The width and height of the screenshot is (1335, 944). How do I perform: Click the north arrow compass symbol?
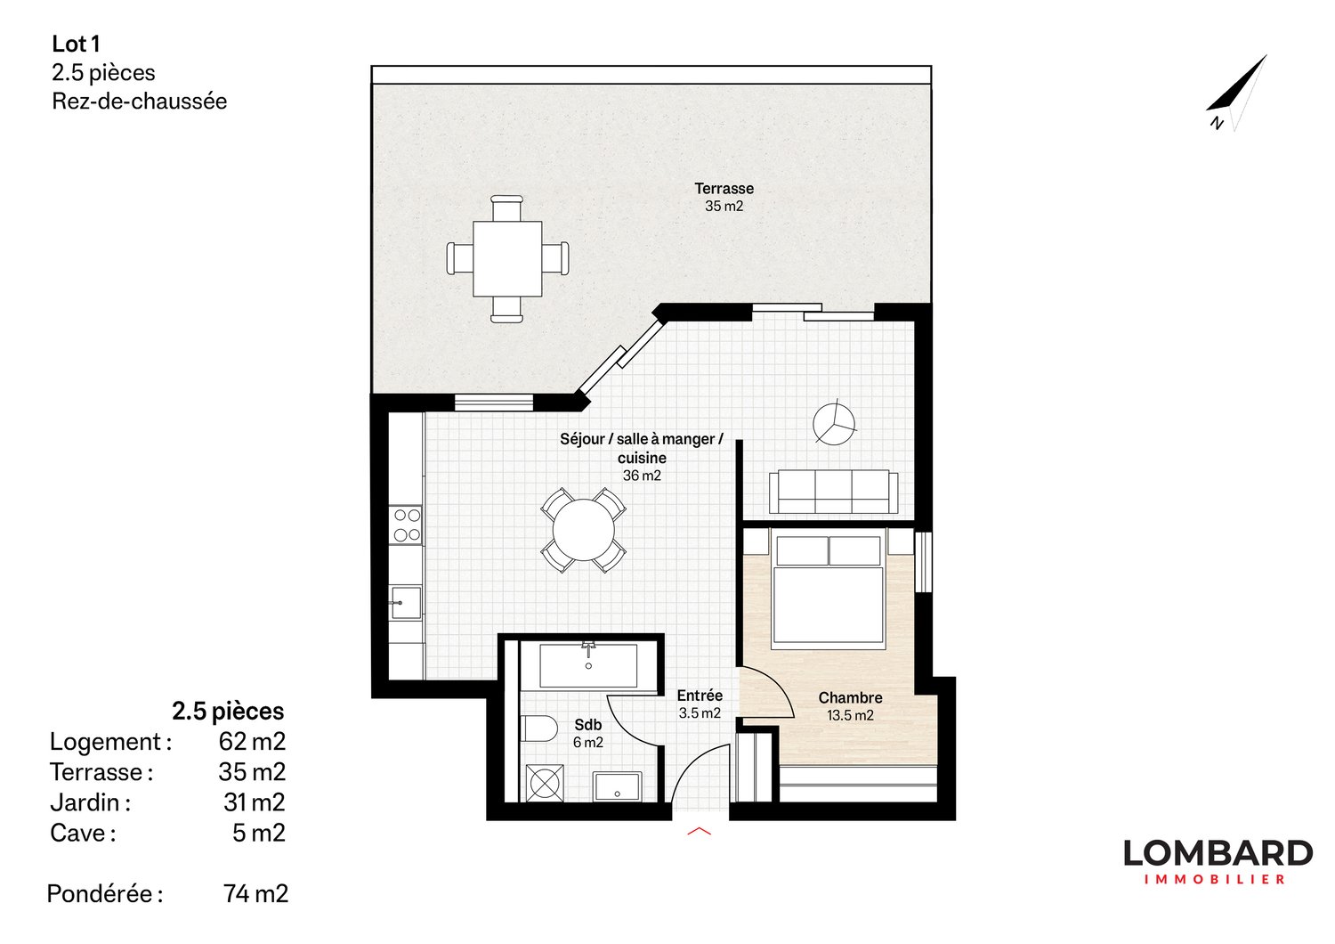pyautogui.click(x=1238, y=93)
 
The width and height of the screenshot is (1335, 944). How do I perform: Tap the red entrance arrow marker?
pyautogui.click(x=700, y=832)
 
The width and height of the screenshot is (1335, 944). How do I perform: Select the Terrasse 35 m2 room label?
pyautogui.click(x=724, y=197)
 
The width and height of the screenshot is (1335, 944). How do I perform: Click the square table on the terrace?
pyautogui.click(x=507, y=258)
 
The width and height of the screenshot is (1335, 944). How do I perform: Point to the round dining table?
pyautogui.click(x=584, y=530)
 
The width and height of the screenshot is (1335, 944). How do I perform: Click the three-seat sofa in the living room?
pyautogui.click(x=833, y=492)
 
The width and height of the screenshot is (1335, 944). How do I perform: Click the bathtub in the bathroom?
pyautogui.click(x=588, y=666)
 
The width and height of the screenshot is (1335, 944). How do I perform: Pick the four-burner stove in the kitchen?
pyautogui.click(x=407, y=525)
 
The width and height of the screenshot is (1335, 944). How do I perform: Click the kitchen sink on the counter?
pyautogui.click(x=406, y=603)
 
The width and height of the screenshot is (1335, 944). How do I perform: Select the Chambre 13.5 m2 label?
pyautogui.click(x=850, y=706)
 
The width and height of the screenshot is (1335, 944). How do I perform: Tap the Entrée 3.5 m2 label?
pyautogui.click(x=700, y=704)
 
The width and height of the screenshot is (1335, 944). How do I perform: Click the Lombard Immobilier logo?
pyautogui.click(x=1217, y=861)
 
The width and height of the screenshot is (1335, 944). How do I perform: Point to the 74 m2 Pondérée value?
pyautogui.click(x=255, y=893)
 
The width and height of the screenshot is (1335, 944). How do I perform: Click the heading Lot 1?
pyautogui.click(x=76, y=44)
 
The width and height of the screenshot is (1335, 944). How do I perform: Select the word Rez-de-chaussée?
pyautogui.click(x=139, y=102)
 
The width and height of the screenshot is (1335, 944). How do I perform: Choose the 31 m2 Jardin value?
pyautogui.click(x=255, y=802)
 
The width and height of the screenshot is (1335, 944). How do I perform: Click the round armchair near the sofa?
pyautogui.click(x=834, y=423)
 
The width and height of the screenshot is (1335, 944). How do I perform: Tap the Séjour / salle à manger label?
pyautogui.click(x=641, y=448)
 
